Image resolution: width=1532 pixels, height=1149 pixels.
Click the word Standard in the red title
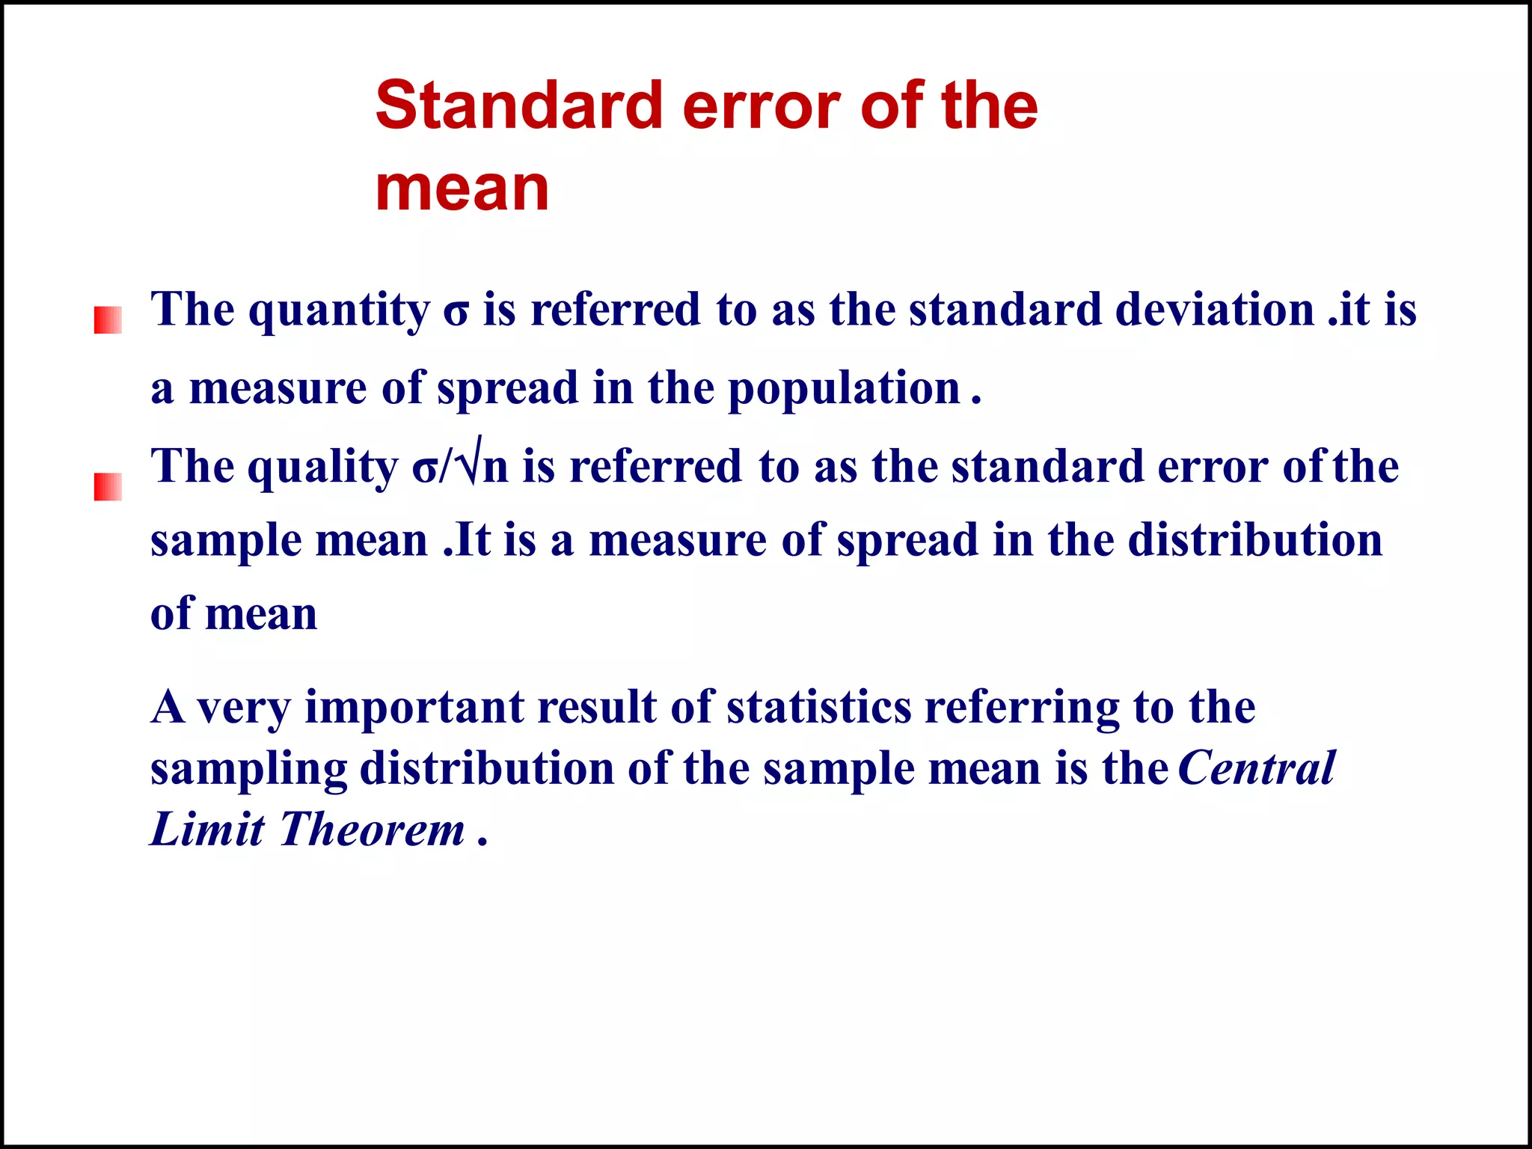pos(518,105)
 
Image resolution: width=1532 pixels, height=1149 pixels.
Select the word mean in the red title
pos(462,189)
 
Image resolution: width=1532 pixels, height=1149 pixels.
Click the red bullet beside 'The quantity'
pos(108,320)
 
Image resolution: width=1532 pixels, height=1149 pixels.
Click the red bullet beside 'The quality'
pos(108,486)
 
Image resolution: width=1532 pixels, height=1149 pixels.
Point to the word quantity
pos(339,310)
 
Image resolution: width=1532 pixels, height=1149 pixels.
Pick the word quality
pos(322,468)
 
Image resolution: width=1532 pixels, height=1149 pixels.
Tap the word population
pos(843,389)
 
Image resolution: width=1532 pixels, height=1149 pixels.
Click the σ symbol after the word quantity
pos(456,311)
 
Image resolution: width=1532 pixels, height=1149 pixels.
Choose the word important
pos(414,707)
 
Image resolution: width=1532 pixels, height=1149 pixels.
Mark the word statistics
pos(818,707)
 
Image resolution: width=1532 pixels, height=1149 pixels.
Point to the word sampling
pos(248,770)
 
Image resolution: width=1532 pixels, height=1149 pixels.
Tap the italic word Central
pos(1256,768)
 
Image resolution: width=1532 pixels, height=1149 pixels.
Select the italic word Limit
pos(207,830)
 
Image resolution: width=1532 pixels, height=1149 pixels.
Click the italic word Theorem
pos(372,830)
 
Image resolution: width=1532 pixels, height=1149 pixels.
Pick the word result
pos(596,707)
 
